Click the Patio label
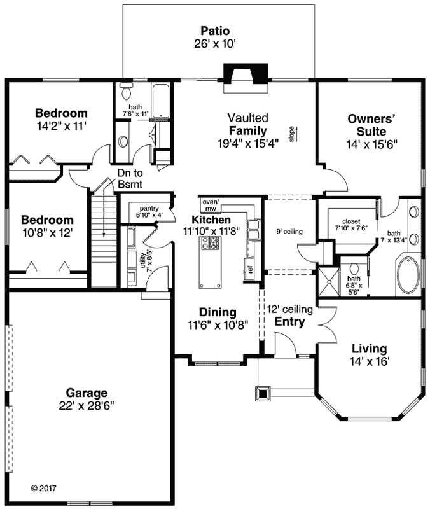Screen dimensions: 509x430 coord(214,31)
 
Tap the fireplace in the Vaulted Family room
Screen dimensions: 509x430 coord(241,75)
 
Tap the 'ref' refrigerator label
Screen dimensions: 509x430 coord(251,269)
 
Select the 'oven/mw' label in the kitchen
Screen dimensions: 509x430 coord(210,205)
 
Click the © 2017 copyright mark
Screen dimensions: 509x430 coord(43,489)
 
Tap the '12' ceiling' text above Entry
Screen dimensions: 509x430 coord(289,310)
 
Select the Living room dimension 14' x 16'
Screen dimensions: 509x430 coord(369,361)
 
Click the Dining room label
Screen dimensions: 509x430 coord(218,312)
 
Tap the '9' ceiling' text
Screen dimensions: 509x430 coord(289,231)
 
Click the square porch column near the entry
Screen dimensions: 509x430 coord(262,393)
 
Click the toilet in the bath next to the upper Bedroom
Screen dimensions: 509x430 coord(123,141)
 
